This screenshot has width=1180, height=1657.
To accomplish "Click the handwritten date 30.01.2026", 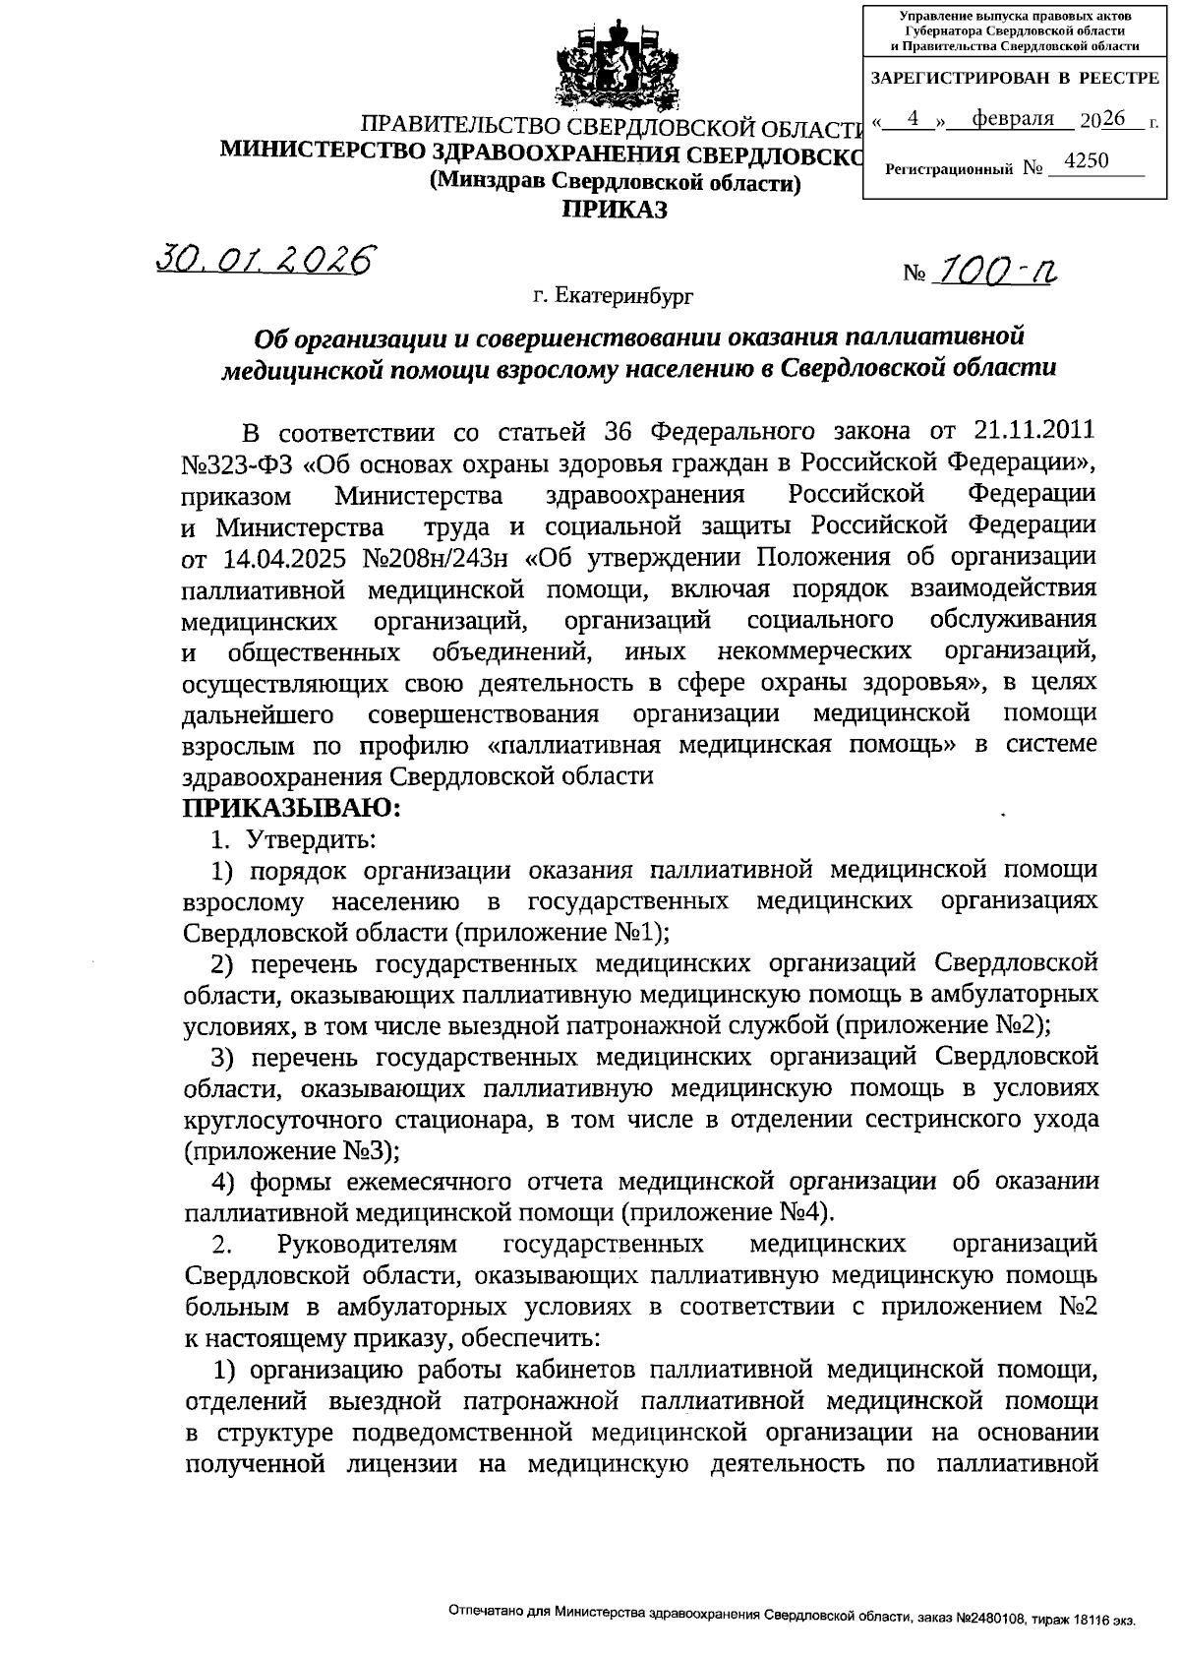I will click(266, 259).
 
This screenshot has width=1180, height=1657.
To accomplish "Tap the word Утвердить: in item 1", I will click(310, 840).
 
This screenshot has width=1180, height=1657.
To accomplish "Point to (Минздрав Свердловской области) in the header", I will click(615, 182).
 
